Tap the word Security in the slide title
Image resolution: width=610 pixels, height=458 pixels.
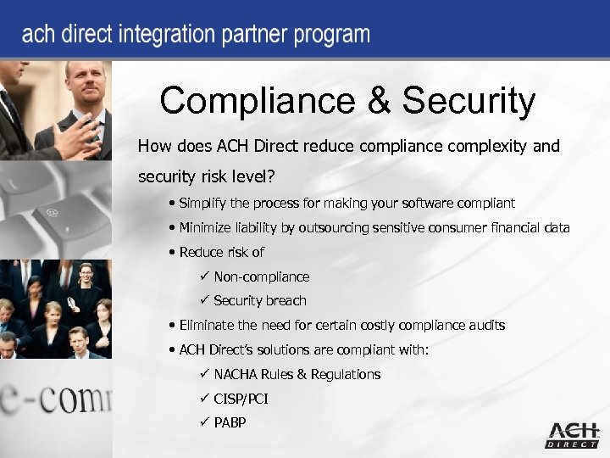click(469, 101)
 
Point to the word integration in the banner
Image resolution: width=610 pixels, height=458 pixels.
click(163, 36)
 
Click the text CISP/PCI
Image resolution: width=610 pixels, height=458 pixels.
click(241, 398)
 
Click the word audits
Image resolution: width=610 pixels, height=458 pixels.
click(485, 325)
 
